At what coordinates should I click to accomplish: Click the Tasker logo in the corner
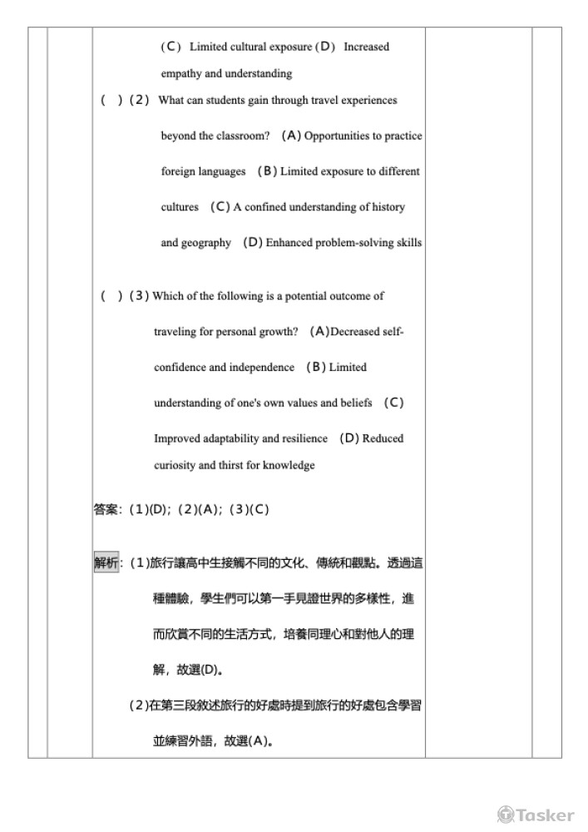coord(536,815)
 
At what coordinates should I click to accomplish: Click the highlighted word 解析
coord(106,563)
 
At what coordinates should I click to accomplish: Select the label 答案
coord(106,509)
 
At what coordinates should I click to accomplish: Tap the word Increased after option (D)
coord(366,47)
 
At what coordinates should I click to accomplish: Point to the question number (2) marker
coord(140,100)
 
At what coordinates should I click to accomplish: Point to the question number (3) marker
coord(140,295)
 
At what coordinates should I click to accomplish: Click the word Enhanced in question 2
coord(289,243)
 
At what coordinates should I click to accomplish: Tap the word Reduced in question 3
coord(383,438)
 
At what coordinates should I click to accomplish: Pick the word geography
coord(207,243)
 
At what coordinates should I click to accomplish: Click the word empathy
coord(180,73)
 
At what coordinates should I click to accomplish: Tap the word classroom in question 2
coord(242,136)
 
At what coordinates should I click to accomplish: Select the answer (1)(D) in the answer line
coord(150,509)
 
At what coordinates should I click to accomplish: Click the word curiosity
coord(175,465)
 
